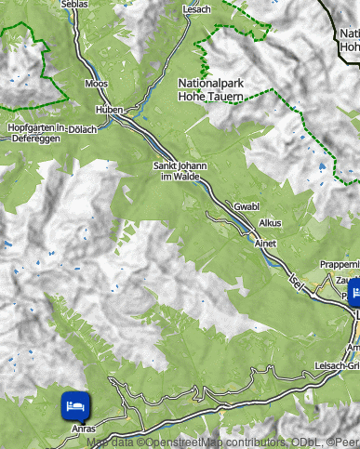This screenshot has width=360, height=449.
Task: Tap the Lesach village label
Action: pyautogui.click(x=198, y=8)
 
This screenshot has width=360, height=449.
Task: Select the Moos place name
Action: pyautogui.click(x=96, y=84)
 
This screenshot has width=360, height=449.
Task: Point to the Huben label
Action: pyautogui.click(x=111, y=109)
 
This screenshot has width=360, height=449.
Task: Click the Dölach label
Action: pyautogui.click(x=83, y=129)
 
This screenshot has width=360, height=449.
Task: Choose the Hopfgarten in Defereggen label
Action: pyautogui.click(x=34, y=132)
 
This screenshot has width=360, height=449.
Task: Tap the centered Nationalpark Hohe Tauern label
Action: pyautogui.click(x=210, y=89)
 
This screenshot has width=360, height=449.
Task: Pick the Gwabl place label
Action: pyautogui.click(x=247, y=205)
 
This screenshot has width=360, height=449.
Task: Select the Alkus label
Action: pyautogui.click(x=271, y=223)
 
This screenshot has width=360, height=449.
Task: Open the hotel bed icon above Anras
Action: pyautogui.click(x=75, y=404)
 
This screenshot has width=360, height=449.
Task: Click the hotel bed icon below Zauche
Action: pyautogui.click(x=353, y=295)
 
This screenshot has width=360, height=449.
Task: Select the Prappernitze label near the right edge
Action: pyautogui.click(x=339, y=264)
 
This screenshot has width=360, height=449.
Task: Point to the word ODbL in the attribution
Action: pyautogui.click(x=299, y=442)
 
